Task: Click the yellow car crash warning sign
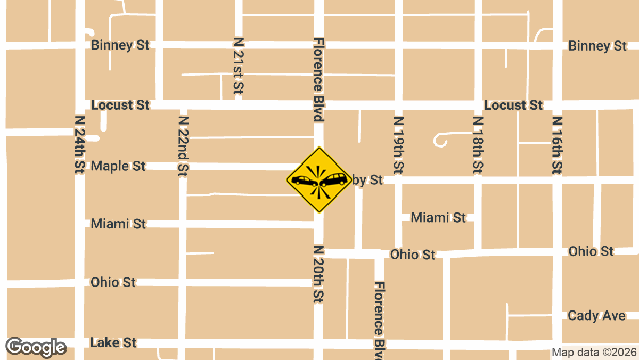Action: (x=319, y=180)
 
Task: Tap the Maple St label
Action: (x=118, y=166)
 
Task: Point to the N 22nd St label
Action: (x=183, y=145)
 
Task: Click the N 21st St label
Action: (x=238, y=66)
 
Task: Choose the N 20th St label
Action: (x=318, y=274)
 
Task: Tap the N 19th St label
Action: (x=398, y=145)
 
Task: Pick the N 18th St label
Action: (x=478, y=145)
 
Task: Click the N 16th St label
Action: (x=557, y=145)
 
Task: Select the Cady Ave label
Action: (x=596, y=316)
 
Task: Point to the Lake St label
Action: (x=113, y=342)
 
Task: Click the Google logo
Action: (x=36, y=347)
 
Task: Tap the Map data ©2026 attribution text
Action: (x=594, y=352)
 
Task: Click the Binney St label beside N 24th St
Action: (x=120, y=45)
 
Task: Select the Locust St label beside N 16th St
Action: (x=513, y=105)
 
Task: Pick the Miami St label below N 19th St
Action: (x=438, y=217)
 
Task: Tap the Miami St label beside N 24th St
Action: (x=118, y=224)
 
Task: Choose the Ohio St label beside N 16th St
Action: (x=591, y=251)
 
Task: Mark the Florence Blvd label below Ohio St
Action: (x=379, y=320)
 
